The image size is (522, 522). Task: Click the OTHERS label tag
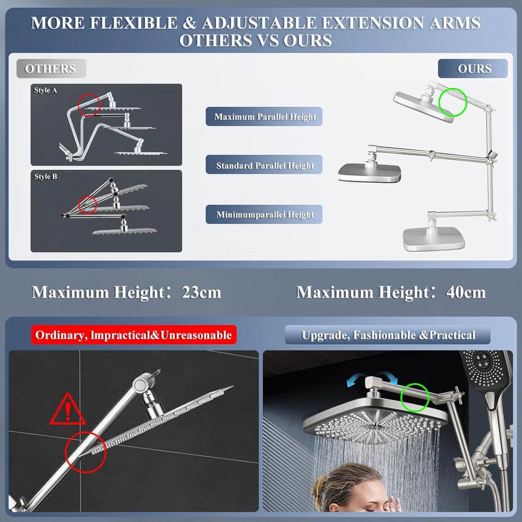coord(51,69)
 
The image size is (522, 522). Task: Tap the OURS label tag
coord(474,69)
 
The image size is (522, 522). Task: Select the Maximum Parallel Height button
coord(265,117)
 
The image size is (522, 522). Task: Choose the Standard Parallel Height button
coord(265,166)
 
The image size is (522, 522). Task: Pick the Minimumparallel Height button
coord(265,214)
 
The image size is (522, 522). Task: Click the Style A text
coord(46,91)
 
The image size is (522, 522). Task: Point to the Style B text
coord(46,177)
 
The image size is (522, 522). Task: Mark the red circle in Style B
coord(87,205)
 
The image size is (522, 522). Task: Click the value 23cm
coord(200,292)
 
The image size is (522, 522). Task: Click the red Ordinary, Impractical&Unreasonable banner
coord(133,335)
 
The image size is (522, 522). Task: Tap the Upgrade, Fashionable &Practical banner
coord(388,335)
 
